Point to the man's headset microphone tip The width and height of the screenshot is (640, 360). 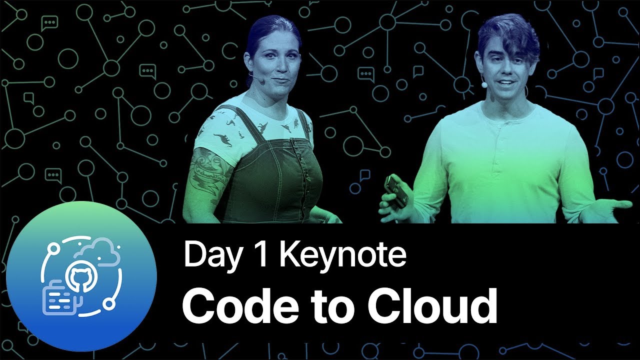pyautogui.click(x=484, y=85)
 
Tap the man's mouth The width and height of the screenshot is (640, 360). pyautogui.click(x=506, y=82)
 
